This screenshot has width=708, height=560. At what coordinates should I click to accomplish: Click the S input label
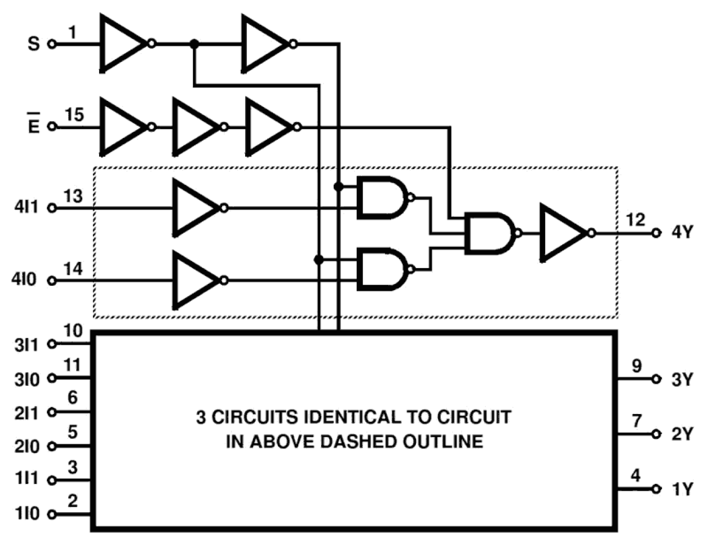(x=34, y=43)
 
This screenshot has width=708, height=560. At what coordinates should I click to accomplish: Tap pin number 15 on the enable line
(x=74, y=115)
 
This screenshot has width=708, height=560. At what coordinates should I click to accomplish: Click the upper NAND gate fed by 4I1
(x=382, y=198)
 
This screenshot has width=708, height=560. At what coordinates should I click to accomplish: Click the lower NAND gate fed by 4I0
(x=382, y=270)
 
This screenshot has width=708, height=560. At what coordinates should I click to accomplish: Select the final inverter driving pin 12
(x=562, y=233)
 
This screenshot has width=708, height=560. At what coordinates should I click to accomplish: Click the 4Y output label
(x=682, y=232)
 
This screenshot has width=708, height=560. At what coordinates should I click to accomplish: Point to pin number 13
(x=73, y=197)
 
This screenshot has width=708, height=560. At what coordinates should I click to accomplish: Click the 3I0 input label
(x=27, y=379)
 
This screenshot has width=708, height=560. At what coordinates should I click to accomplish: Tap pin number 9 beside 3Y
(x=636, y=366)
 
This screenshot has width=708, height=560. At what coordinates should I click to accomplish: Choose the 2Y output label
(x=682, y=434)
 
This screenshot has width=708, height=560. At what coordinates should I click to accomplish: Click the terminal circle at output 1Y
(x=656, y=489)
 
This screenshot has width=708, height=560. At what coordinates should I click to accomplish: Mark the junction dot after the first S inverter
(x=194, y=43)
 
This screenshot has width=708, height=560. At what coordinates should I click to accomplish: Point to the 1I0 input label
(x=27, y=513)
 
